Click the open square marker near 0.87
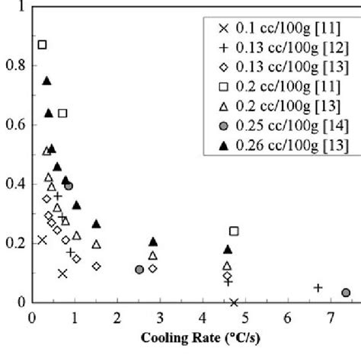[x=43, y=45]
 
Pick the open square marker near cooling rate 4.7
[x=234, y=231]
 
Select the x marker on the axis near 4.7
[x=234, y=302]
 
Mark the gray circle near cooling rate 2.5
[x=139, y=270]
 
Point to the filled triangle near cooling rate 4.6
[x=227, y=250]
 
